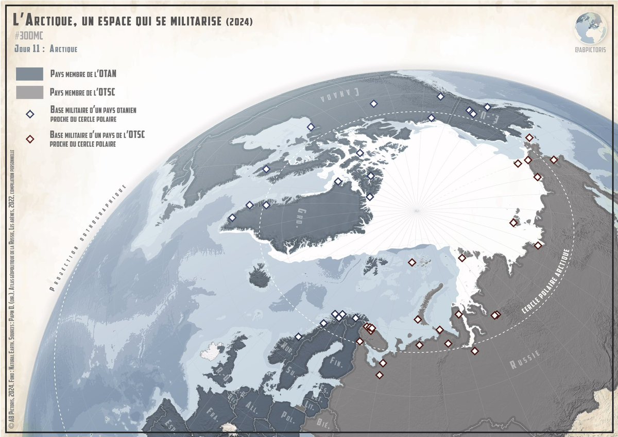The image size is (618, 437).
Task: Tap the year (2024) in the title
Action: click(239, 21)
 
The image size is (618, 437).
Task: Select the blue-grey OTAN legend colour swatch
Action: click(29, 74)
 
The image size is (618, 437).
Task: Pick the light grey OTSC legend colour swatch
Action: click(29, 93)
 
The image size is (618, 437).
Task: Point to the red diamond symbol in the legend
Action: click(30, 139)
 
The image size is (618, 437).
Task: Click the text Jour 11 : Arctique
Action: click(46, 49)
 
